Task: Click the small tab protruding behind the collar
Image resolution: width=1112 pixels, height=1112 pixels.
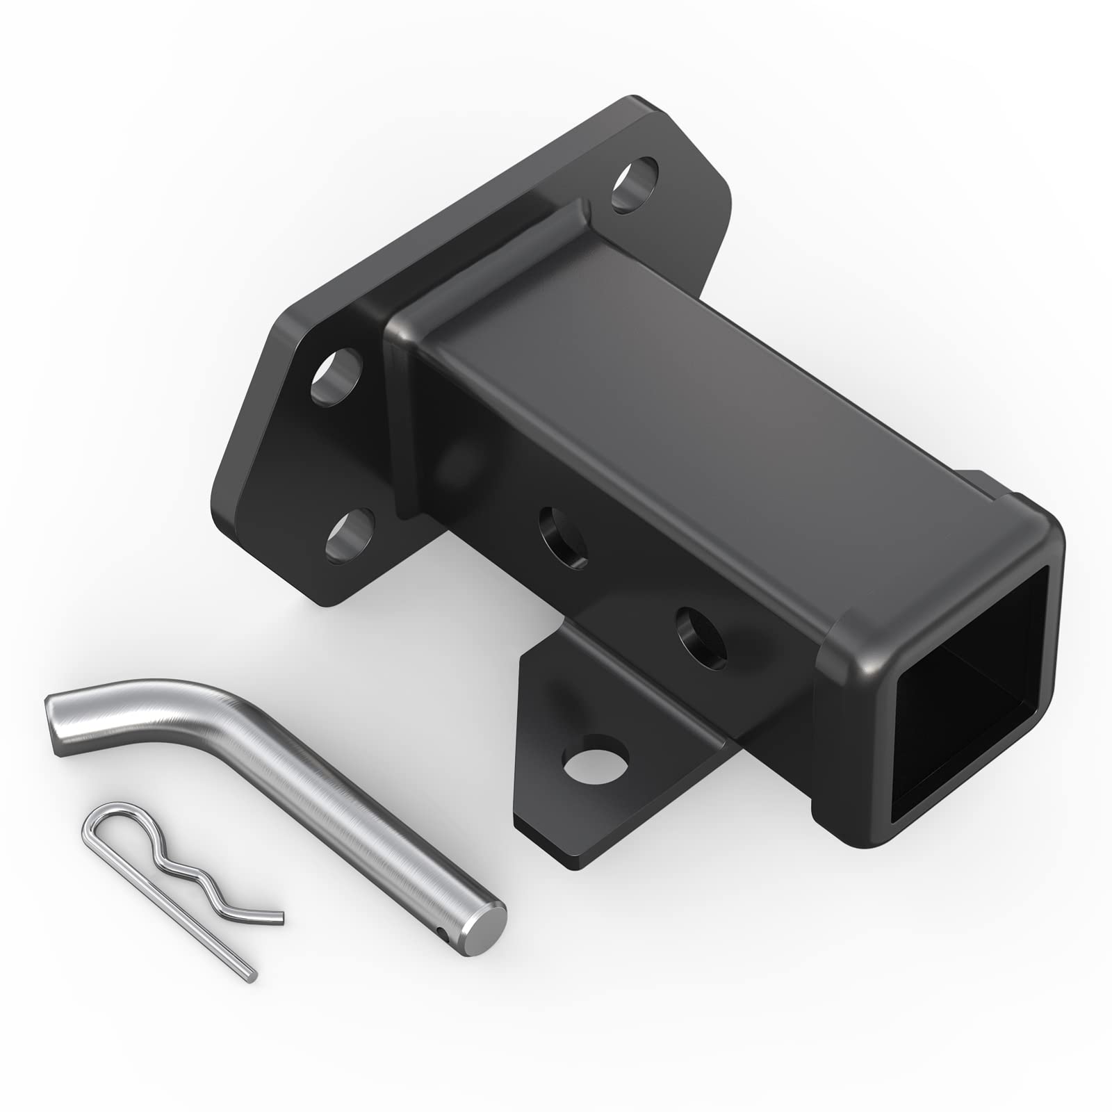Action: (x=987, y=483)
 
